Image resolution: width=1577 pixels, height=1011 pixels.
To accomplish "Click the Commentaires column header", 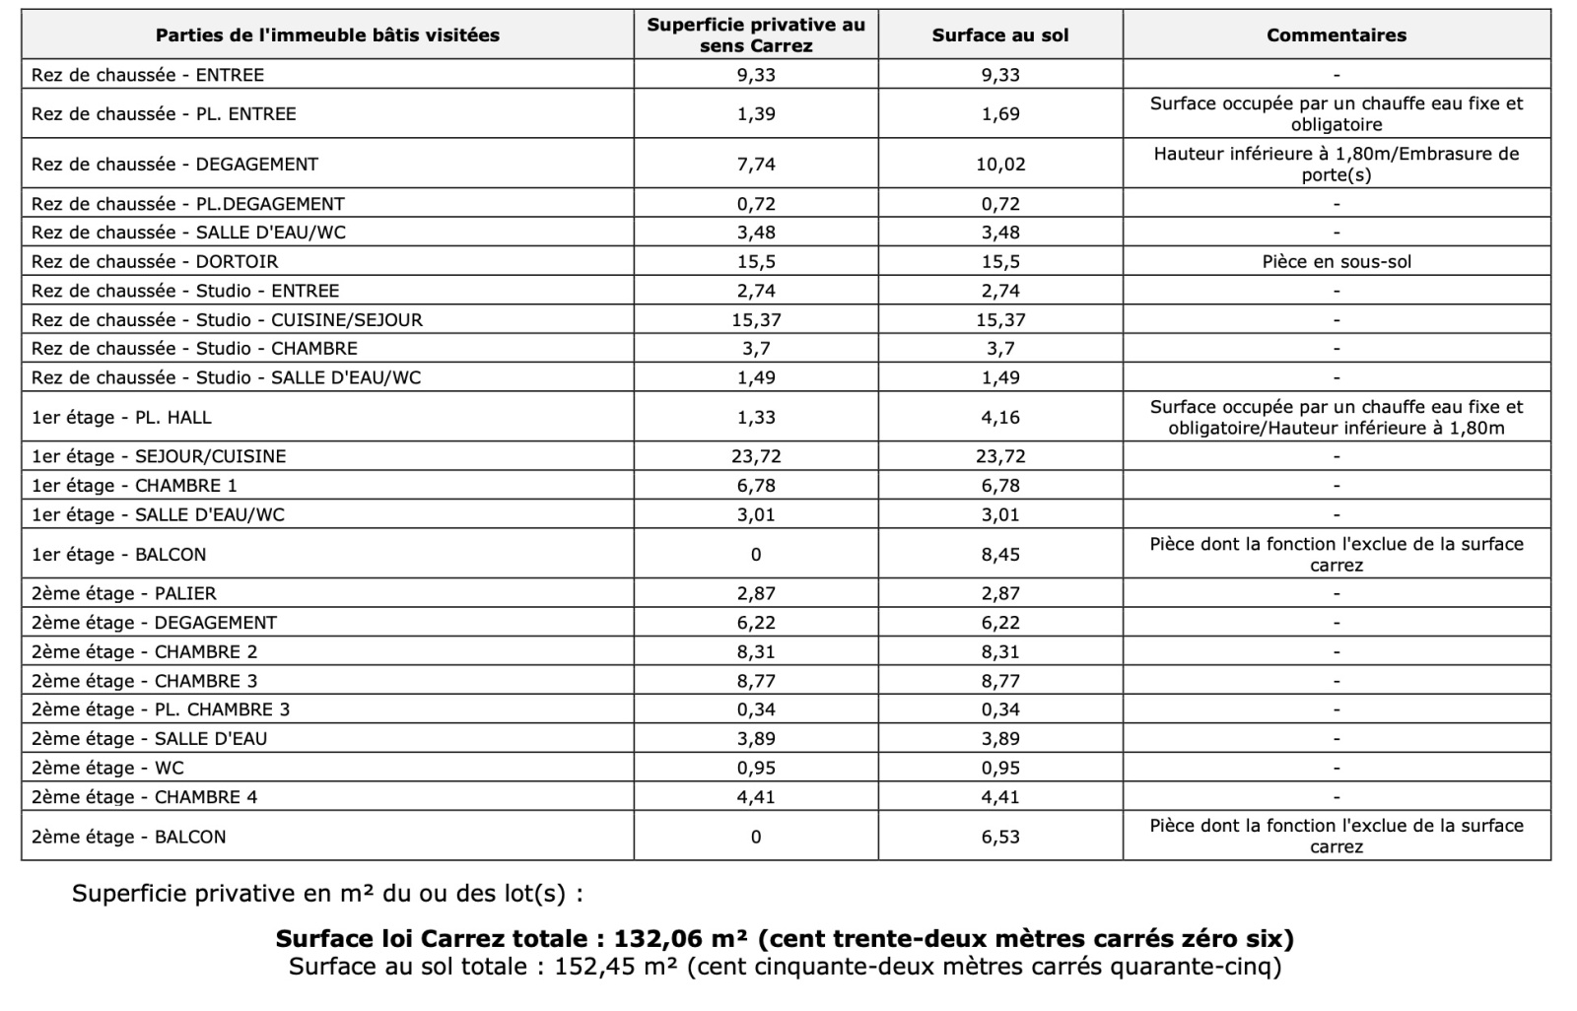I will [1336, 35].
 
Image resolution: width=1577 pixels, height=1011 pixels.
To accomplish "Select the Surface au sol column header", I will [999, 35].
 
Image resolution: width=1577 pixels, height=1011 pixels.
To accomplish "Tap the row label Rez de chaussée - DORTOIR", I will [155, 261].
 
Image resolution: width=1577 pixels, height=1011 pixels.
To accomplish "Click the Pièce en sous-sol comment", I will [1336, 261].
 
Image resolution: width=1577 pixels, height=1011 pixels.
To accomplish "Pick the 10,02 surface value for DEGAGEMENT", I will [1000, 164].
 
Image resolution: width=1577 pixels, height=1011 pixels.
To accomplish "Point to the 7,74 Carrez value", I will [756, 164].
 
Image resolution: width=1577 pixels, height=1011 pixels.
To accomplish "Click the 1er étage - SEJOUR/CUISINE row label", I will [159, 456].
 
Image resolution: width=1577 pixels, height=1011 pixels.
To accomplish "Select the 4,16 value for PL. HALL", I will [1000, 417].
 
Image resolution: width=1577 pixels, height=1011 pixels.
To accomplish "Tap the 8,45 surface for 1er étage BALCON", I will [1000, 554].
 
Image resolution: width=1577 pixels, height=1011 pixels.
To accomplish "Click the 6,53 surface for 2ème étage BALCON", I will [1000, 837].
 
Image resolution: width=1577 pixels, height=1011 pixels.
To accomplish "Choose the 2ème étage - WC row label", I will [107, 768].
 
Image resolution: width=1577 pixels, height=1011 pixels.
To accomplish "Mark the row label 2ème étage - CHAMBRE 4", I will [144, 796].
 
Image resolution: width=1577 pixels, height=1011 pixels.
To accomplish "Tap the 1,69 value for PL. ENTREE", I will [1000, 113].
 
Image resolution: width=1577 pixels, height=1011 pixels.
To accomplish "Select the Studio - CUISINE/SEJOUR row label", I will [227, 319].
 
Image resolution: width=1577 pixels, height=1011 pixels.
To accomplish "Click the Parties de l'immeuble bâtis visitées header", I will [327, 35].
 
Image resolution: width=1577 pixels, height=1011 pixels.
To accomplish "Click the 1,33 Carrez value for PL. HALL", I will [756, 417].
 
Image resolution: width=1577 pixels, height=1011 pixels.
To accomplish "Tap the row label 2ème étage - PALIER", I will [124, 593].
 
